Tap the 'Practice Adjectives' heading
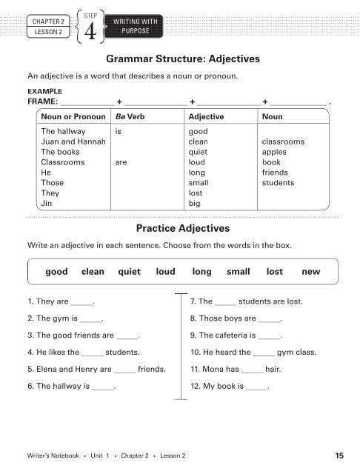(180, 228)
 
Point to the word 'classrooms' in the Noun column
(284, 141)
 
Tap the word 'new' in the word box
(311, 272)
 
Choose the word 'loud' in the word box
(165, 272)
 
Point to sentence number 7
(193, 302)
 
